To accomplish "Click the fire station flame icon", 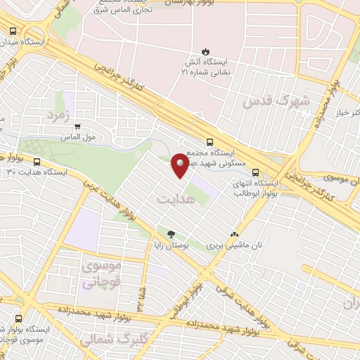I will pyautogui.click(x=205, y=51).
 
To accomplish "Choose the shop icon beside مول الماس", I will pyautogui.click(x=77, y=127).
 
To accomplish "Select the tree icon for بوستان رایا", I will pyautogui.click(x=170, y=234).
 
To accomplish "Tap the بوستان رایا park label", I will pyautogui.click(x=170, y=246).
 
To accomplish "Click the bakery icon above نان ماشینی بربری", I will pyautogui.click(x=234, y=235).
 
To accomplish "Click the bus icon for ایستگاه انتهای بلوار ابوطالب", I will pyautogui.click(x=255, y=171).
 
